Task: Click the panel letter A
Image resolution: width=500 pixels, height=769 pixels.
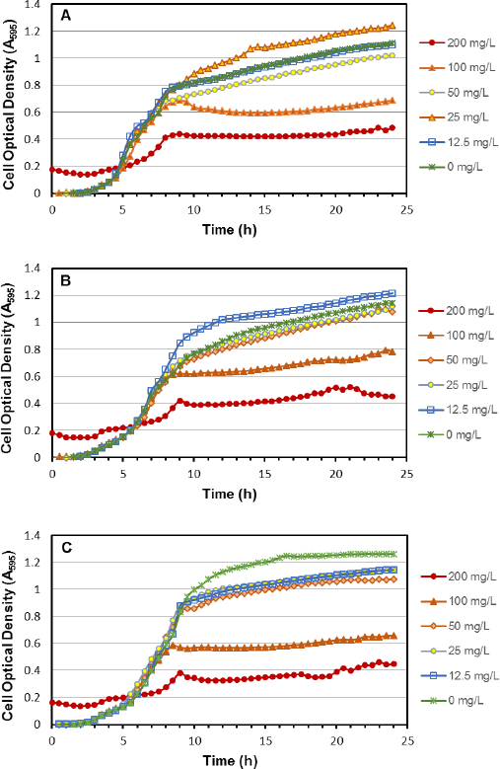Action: tap(66, 16)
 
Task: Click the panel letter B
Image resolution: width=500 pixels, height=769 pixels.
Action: tap(66, 280)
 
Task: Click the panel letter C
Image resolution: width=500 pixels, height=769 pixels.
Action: tap(66, 547)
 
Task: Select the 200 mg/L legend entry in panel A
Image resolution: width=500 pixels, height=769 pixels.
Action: tap(458, 42)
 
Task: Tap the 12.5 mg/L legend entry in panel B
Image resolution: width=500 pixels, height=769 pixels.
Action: tap(458, 410)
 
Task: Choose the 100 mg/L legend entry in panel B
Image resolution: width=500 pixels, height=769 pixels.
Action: tap(457, 336)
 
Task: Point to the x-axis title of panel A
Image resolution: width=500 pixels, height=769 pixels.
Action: tap(230, 230)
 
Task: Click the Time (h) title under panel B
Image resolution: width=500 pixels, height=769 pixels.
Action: tap(230, 494)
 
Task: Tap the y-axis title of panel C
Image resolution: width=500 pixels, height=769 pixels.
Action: tap(8, 636)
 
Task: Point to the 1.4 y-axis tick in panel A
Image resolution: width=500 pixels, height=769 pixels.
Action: tap(38, 5)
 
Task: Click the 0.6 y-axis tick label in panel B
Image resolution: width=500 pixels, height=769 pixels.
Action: tap(38, 377)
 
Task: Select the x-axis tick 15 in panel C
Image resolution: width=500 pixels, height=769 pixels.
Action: tap(265, 740)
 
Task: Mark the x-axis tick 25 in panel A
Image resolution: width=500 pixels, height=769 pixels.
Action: tap(407, 210)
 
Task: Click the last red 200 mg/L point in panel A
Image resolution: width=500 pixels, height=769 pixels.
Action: tap(393, 128)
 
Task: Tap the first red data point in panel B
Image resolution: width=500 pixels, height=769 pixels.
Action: tap(52, 433)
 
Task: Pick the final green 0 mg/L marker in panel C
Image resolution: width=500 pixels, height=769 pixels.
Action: tap(393, 554)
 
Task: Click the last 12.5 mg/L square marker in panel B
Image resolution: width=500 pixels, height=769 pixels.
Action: tap(393, 293)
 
